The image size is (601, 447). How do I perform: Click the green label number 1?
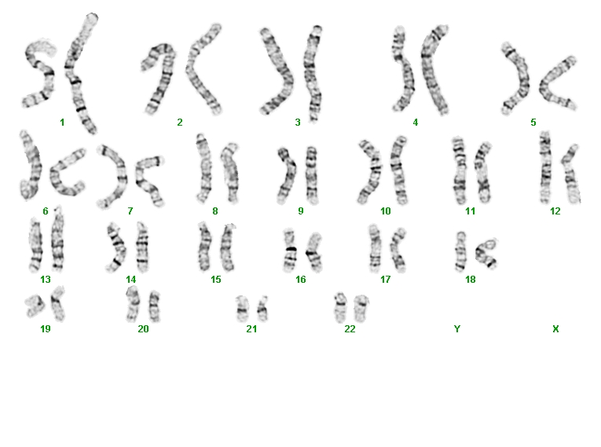tap(62, 123)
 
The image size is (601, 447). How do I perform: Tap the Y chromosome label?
tap(457, 328)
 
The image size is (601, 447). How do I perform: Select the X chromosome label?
tap(555, 328)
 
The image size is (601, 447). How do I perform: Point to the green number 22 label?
tap(350, 328)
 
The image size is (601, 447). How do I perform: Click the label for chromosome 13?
tap(46, 279)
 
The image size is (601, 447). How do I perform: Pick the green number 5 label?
tap(533, 123)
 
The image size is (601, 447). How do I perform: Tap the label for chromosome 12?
tap(555, 211)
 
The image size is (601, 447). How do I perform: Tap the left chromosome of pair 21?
tap(242, 309)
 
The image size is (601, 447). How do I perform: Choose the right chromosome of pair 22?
tap(361, 309)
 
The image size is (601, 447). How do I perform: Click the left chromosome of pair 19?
tap(35, 306)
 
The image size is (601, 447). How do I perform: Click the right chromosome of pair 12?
tap(571, 174)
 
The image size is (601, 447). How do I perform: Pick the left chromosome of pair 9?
tap(285, 175)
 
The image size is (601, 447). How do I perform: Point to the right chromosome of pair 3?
tap(313, 73)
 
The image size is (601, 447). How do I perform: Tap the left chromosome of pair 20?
tap(133, 305)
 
